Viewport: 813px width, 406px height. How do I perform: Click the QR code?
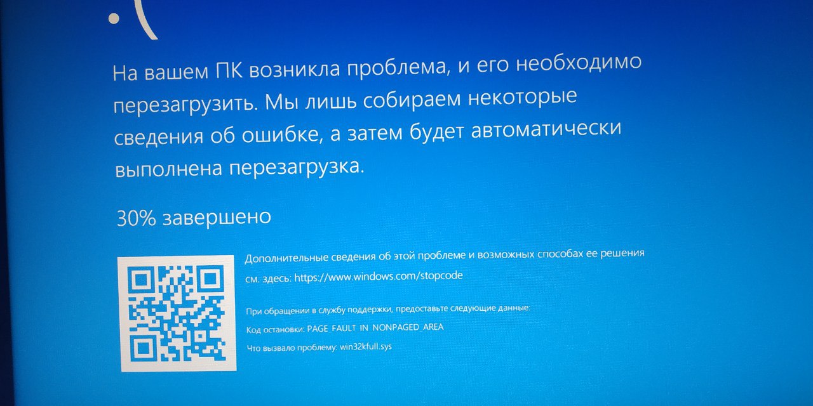pyautogui.click(x=177, y=313)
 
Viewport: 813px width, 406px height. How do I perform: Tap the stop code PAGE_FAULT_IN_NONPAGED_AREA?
pyautogui.click(x=375, y=328)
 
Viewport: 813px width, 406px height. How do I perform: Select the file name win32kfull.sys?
pyautogui.click(x=366, y=346)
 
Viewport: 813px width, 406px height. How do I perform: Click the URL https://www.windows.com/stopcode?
pyautogui.click(x=379, y=276)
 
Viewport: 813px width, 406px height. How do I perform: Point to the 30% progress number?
pyautogui.click(x=136, y=218)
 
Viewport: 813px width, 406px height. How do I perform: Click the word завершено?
pyautogui.click(x=217, y=217)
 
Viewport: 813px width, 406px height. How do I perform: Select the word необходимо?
pyautogui.click(x=578, y=63)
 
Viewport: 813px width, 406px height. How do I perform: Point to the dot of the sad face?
pyautogui.click(x=114, y=18)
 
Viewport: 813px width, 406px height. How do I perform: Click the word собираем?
pyautogui.click(x=411, y=100)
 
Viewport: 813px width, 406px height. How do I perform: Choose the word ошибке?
pyautogui.click(x=281, y=135)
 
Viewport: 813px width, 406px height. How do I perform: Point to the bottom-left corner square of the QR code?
pyautogui.click(x=143, y=348)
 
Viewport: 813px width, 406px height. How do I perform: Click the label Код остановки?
pyautogui.click(x=275, y=329)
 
